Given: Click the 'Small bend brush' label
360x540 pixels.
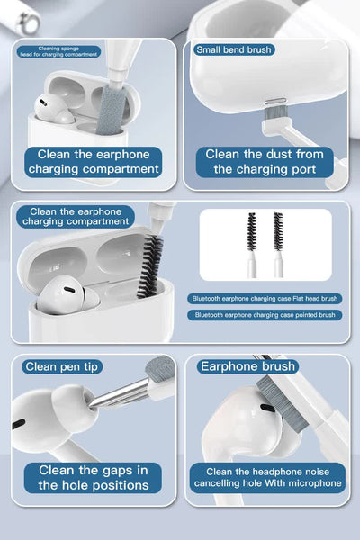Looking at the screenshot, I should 234,49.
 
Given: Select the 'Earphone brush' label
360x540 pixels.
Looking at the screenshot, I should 247,365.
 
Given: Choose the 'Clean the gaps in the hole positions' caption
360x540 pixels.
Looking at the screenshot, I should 94,477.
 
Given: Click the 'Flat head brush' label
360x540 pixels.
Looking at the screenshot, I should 265,298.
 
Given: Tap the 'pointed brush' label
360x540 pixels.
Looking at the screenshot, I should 265,315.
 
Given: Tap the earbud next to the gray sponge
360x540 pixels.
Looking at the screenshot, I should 55,109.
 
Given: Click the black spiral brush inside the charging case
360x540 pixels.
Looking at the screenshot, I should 151,266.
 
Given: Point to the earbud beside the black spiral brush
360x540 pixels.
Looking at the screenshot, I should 70,296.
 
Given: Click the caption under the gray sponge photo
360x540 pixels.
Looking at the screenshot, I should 94,161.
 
